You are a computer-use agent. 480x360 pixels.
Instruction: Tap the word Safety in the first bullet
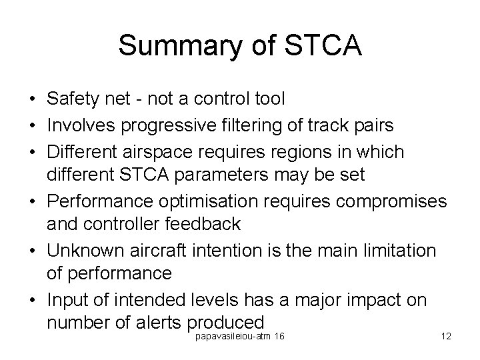[x=71, y=99]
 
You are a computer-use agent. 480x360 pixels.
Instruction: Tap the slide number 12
[x=446, y=336]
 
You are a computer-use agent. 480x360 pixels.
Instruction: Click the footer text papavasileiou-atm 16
[x=239, y=336]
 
